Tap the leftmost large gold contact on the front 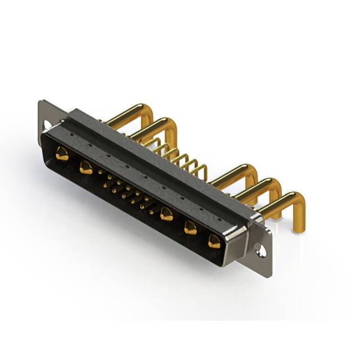62,152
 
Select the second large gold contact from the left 85,166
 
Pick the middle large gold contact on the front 166,213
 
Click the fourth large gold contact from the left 190,227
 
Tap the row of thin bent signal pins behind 180,157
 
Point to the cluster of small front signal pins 127,191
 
